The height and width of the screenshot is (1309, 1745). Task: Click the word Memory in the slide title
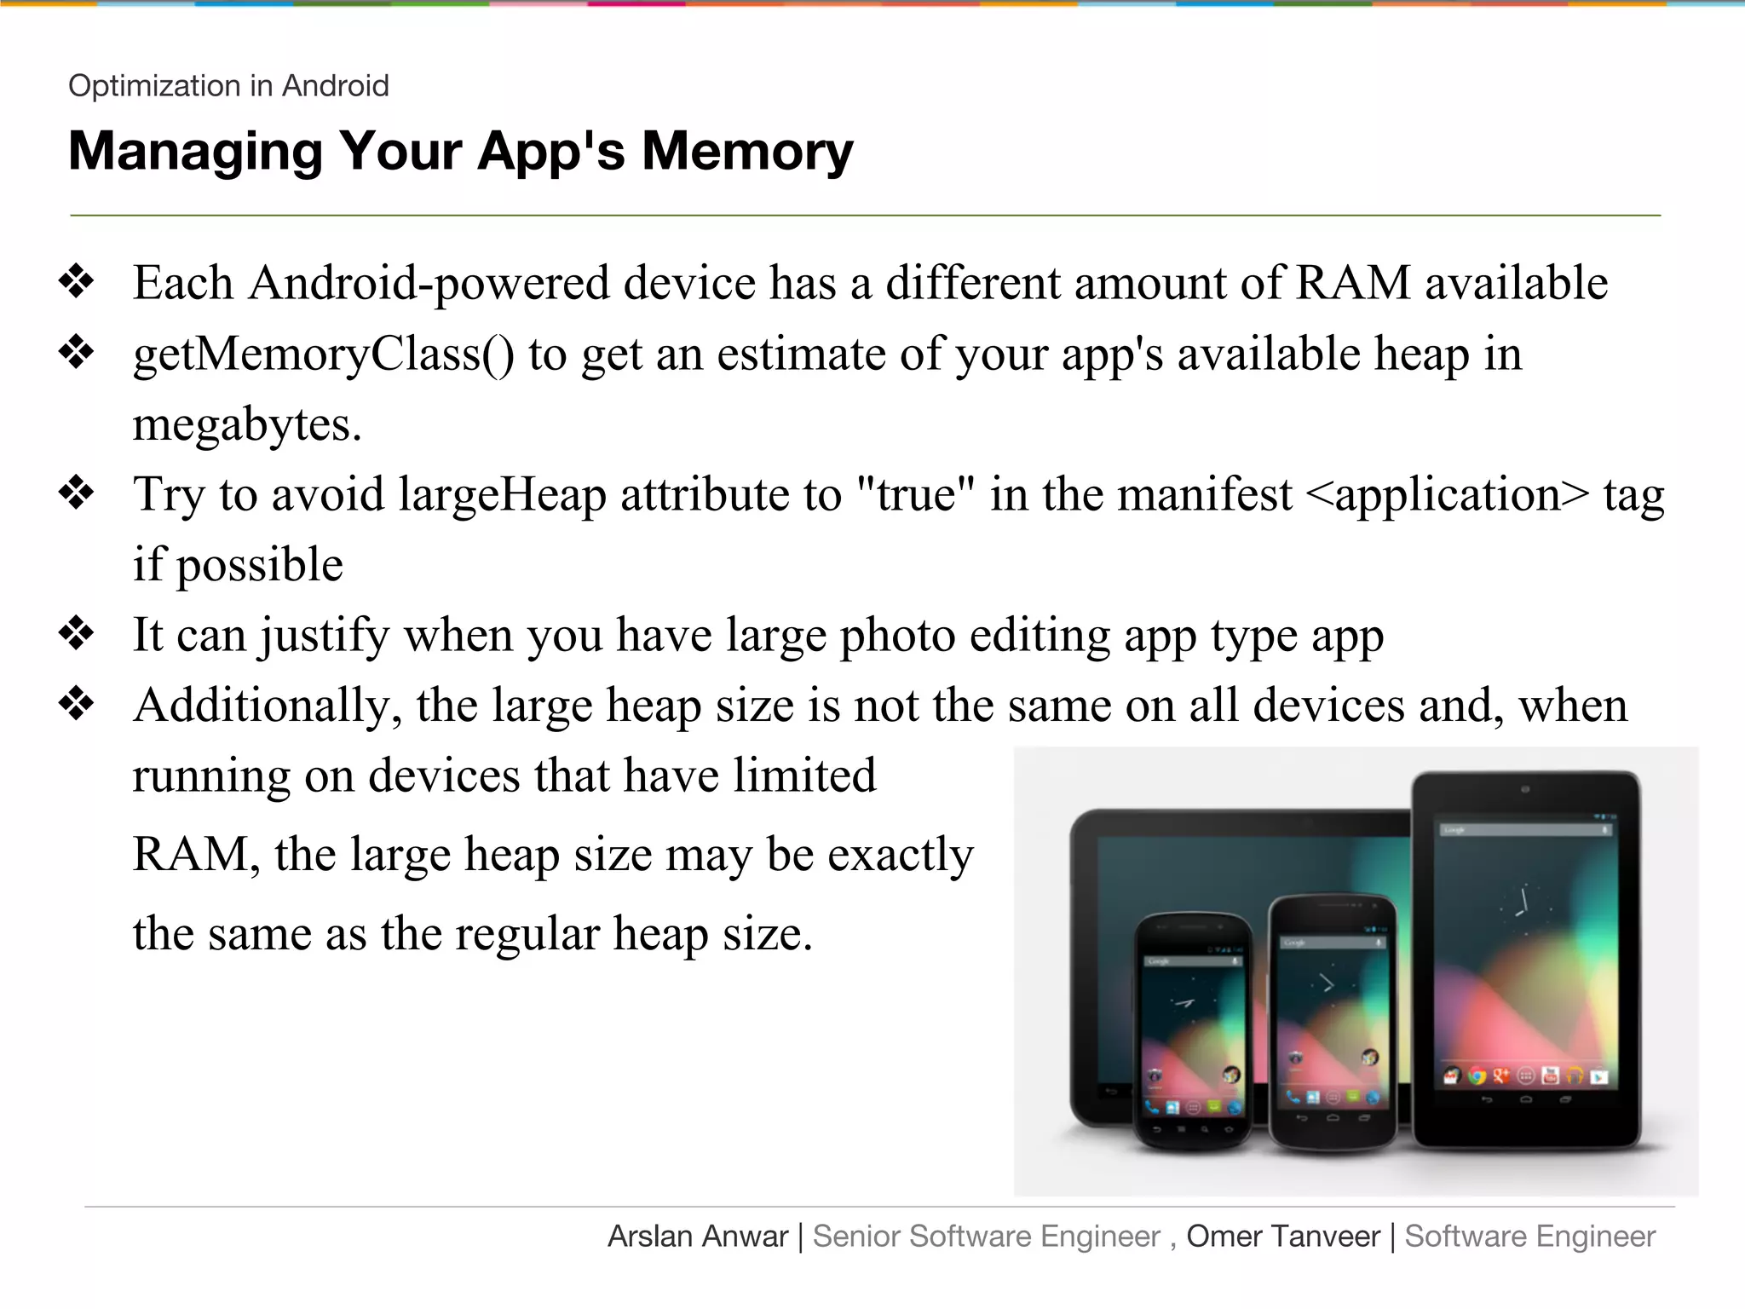[746, 152]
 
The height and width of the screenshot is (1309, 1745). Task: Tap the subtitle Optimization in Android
[228, 86]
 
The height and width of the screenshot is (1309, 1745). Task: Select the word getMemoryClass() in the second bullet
[324, 354]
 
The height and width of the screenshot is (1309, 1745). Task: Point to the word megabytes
[247, 424]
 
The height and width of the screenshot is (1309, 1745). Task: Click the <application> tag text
[1446, 494]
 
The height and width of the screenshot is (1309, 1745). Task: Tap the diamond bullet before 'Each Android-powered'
[77, 282]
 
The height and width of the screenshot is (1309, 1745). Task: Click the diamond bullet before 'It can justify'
[77, 634]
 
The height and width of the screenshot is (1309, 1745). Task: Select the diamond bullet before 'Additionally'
[77, 705]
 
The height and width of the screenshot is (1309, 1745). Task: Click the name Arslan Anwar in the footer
[698, 1237]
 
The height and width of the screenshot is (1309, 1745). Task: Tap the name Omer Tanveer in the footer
[1283, 1237]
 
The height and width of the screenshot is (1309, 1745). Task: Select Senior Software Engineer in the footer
[986, 1237]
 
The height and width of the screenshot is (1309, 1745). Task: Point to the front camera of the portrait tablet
[1525, 790]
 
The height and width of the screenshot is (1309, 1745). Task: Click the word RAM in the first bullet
[1353, 283]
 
